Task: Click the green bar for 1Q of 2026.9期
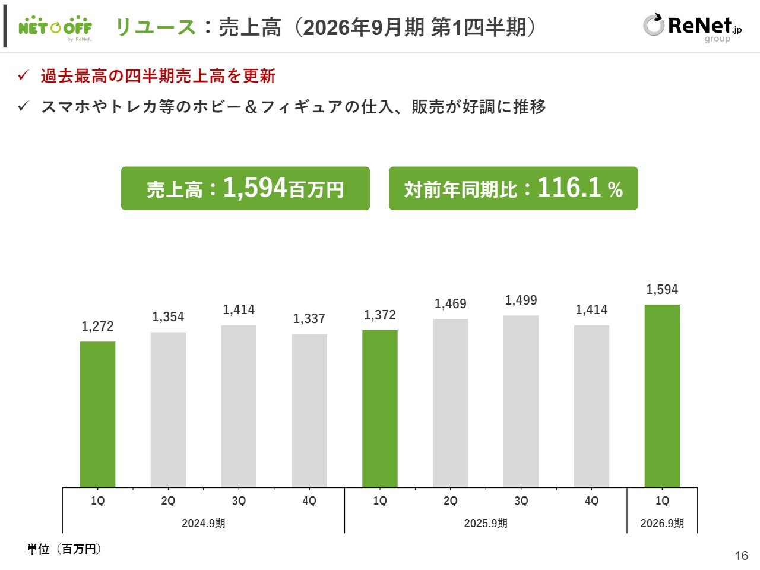[x=662, y=395]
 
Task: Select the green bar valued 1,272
[x=98, y=414]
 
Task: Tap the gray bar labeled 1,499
[x=521, y=401]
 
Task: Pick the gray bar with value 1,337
[x=309, y=411]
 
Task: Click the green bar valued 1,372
[x=380, y=408]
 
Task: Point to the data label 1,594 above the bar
[x=662, y=290]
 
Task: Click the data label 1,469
[x=451, y=304]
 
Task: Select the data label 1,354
[x=168, y=317]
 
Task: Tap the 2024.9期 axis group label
[x=203, y=523]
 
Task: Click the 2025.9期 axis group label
[x=486, y=523]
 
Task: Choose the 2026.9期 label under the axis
[x=662, y=523]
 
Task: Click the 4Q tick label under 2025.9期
[x=591, y=501]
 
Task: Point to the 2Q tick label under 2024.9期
[x=168, y=501]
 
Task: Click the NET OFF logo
[x=55, y=27]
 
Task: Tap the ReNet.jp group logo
[x=692, y=27]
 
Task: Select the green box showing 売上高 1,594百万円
[x=245, y=188]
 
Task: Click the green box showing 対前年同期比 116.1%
[x=513, y=188]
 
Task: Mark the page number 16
[x=742, y=556]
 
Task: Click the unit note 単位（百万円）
[x=64, y=549]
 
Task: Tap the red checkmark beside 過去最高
[x=24, y=75]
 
